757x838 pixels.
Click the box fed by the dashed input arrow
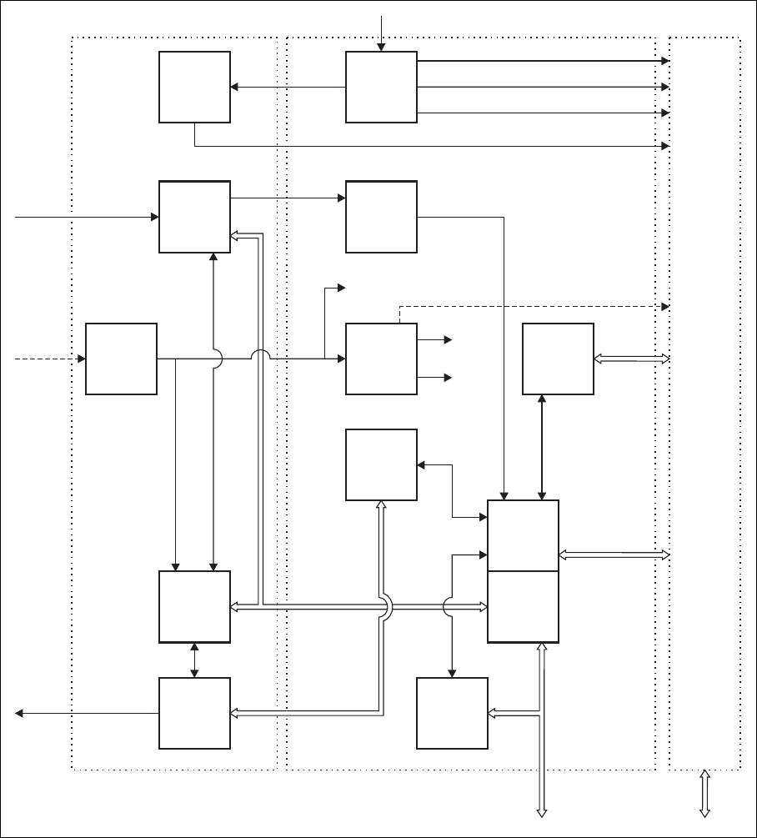[x=121, y=359]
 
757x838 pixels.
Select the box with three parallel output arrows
[x=381, y=87]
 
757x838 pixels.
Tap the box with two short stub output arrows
[x=381, y=359]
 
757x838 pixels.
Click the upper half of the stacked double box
[x=523, y=535]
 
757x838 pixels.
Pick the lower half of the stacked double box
[x=523, y=606]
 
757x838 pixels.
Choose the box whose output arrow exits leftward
[x=194, y=713]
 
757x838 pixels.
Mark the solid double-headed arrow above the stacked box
[x=543, y=447]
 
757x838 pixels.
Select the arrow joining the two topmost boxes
[x=288, y=87]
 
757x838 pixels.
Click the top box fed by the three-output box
[x=194, y=87]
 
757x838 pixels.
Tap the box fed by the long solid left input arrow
[x=194, y=217]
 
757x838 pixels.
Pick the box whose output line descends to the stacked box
[x=381, y=217]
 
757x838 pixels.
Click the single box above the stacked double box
[x=558, y=359]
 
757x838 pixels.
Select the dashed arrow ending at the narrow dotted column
[x=534, y=306]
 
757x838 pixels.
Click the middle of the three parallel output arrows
[x=542, y=87]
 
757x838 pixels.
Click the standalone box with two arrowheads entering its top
[x=194, y=606]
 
